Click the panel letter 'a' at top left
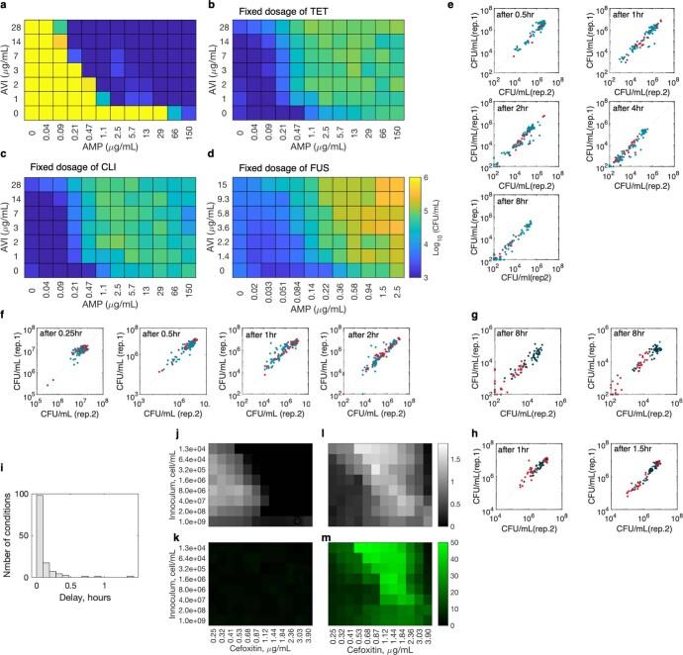click(6, 7)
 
